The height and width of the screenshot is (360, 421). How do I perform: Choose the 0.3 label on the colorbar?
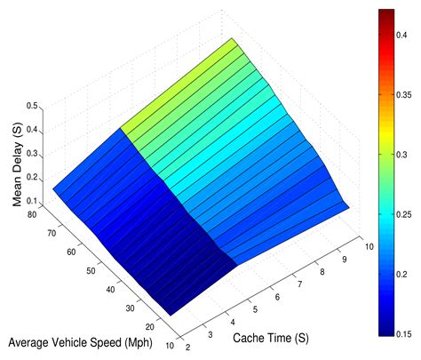409,153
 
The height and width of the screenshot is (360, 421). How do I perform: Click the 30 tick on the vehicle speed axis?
131,308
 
